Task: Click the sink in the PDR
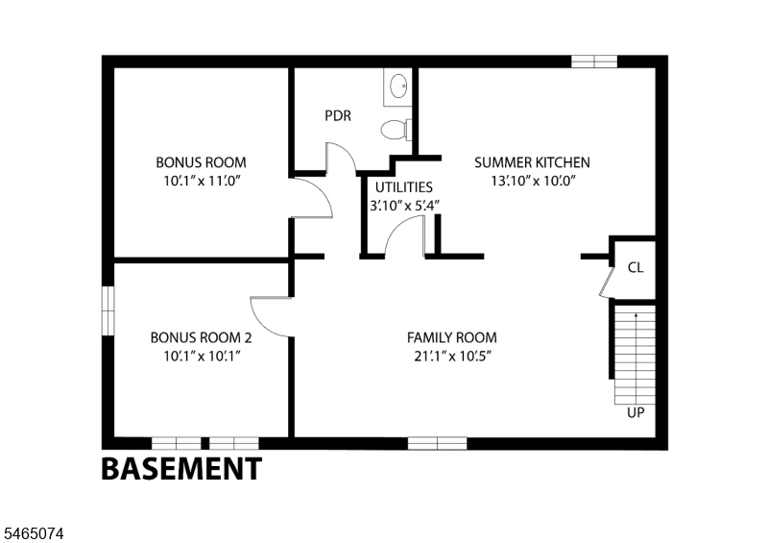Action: (398, 86)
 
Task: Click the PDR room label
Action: (338, 115)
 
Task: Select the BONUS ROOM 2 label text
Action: (202, 337)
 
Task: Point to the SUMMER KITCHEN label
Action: (533, 162)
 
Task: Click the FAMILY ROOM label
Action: (452, 337)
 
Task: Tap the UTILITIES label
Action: (404, 187)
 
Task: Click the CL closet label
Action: (636, 267)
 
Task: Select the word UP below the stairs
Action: (636, 413)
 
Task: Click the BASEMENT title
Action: (181, 468)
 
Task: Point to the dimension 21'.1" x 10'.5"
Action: (452, 357)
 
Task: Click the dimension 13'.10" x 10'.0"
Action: (533, 181)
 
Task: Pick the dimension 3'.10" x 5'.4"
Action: (404, 206)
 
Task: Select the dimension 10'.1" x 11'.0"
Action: (203, 181)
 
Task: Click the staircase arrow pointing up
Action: (636, 358)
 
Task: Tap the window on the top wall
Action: (594, 62)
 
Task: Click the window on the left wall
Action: (108, 311)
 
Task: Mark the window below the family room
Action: (438, 443)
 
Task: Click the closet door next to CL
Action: (607, 282)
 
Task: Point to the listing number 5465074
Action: (34, 533)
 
